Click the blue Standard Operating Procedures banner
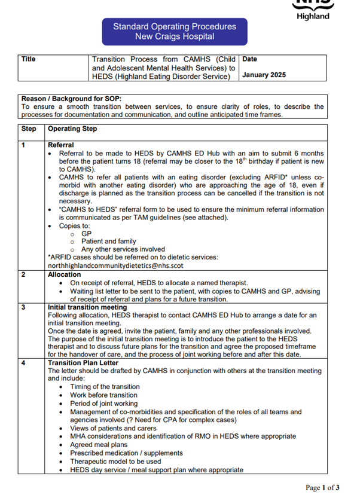(174, 31)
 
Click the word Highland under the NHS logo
(313, 16)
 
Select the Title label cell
(29, 60)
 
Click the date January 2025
(264, 75)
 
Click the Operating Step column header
(72, 129)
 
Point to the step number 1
(24, 145)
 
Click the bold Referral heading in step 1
(61, 145)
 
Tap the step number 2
(24, 274)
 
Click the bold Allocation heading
(64, 274)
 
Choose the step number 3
(24, 307)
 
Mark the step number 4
(24, 362)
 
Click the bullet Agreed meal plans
(99, 445)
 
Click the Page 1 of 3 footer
(322, 488)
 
